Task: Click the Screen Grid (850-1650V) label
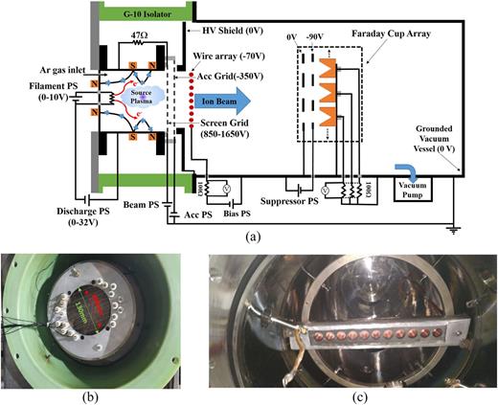click(247, 128)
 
